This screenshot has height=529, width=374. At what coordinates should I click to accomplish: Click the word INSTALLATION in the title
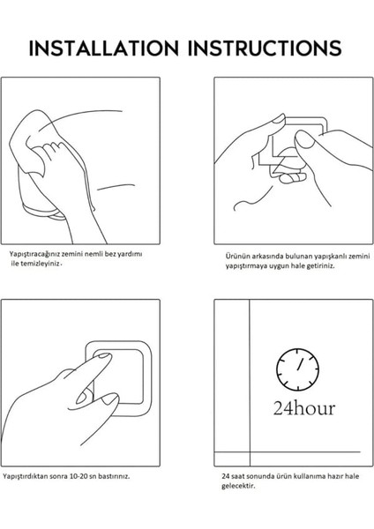[103, 48]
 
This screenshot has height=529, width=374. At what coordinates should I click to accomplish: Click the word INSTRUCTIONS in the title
[265, 48]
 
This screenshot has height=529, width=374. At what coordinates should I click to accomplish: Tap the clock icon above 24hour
[297, 369]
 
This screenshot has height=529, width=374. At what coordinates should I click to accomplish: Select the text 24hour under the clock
[304, 408]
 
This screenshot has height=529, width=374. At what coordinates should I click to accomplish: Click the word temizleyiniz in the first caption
[41, 264]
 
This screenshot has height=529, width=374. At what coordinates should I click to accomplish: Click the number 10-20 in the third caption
[79, 476]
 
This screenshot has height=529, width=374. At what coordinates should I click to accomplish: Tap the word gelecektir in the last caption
[238, 486]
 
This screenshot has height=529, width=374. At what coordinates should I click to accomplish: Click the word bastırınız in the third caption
[114, 476]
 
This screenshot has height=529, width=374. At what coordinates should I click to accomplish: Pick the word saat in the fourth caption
[237, 476]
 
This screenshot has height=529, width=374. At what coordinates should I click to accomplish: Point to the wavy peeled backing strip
[252, 198]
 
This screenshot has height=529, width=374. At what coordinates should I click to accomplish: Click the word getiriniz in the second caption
[321, 265]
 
